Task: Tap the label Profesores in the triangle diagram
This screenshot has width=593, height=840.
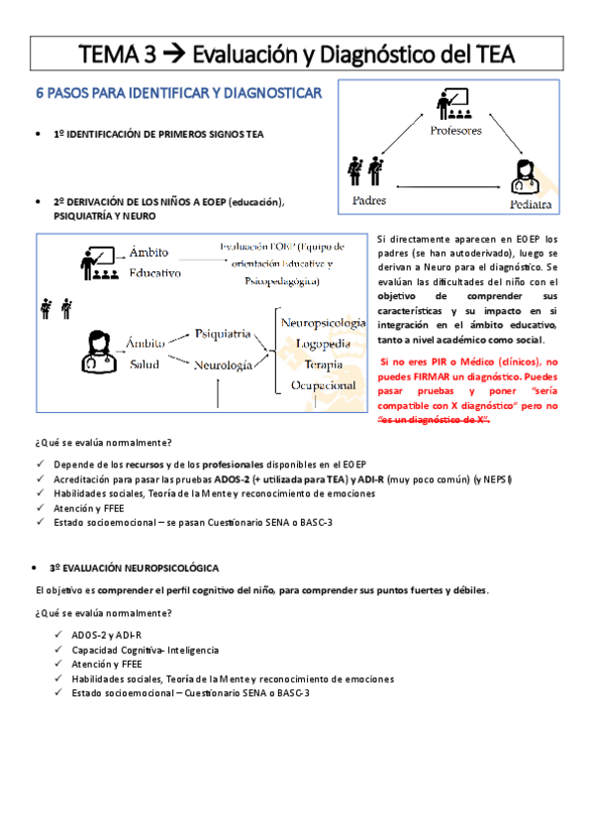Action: (x=456, y=131)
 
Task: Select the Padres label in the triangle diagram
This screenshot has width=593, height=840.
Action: (x=367, y=201)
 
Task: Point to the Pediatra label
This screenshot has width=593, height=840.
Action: (x=531, y=205)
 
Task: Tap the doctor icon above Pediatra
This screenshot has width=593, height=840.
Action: (x=525, y=176)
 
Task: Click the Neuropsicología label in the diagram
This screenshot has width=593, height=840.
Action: (x=323, y=323)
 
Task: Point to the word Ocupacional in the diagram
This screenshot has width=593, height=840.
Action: (x=323, y=383)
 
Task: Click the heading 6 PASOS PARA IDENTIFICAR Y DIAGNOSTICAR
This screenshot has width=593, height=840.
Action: (x=178, y=95)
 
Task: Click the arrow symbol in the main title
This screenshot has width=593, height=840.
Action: (x=174, y=54)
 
